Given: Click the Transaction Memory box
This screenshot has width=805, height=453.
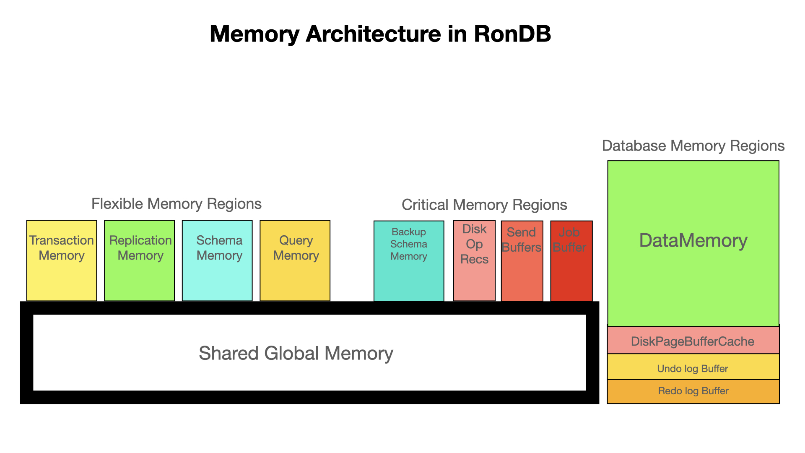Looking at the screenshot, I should coord(62,260).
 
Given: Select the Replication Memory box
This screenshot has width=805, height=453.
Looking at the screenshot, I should coord(140,260).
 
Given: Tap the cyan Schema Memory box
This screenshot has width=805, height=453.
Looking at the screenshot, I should coord(217,260).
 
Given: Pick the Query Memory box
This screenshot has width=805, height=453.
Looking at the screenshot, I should coord(295,260).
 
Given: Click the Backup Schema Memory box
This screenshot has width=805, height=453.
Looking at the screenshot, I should coord(409,261).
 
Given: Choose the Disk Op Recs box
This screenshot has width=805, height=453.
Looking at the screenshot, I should coord(474,260).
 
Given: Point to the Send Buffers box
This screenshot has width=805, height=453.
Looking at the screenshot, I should coord(522,261).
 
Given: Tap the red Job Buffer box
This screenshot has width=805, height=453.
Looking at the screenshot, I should coord(571,261).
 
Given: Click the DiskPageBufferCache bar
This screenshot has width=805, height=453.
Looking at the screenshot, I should coord(693,341).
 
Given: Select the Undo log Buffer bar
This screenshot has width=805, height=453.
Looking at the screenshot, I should coord(693,368).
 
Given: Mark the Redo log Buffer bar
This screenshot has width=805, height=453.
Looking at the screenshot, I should coord(693,391).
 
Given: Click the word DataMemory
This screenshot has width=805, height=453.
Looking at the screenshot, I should coord(693,241).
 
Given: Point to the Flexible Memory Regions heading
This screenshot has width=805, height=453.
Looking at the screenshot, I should coord(177,204).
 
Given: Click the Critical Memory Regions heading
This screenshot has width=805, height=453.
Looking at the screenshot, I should coord(484,205).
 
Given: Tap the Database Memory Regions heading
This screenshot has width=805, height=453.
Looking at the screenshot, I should coord(693,146).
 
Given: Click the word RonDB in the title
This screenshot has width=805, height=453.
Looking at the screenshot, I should coord(512,34).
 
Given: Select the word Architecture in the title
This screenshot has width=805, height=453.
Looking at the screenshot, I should coord(373,34).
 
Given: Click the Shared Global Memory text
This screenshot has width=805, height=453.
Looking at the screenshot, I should coord(296,353).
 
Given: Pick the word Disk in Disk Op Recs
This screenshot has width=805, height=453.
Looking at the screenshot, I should coord(474,229).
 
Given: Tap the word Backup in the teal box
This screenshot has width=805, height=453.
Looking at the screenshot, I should coord(409,232).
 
